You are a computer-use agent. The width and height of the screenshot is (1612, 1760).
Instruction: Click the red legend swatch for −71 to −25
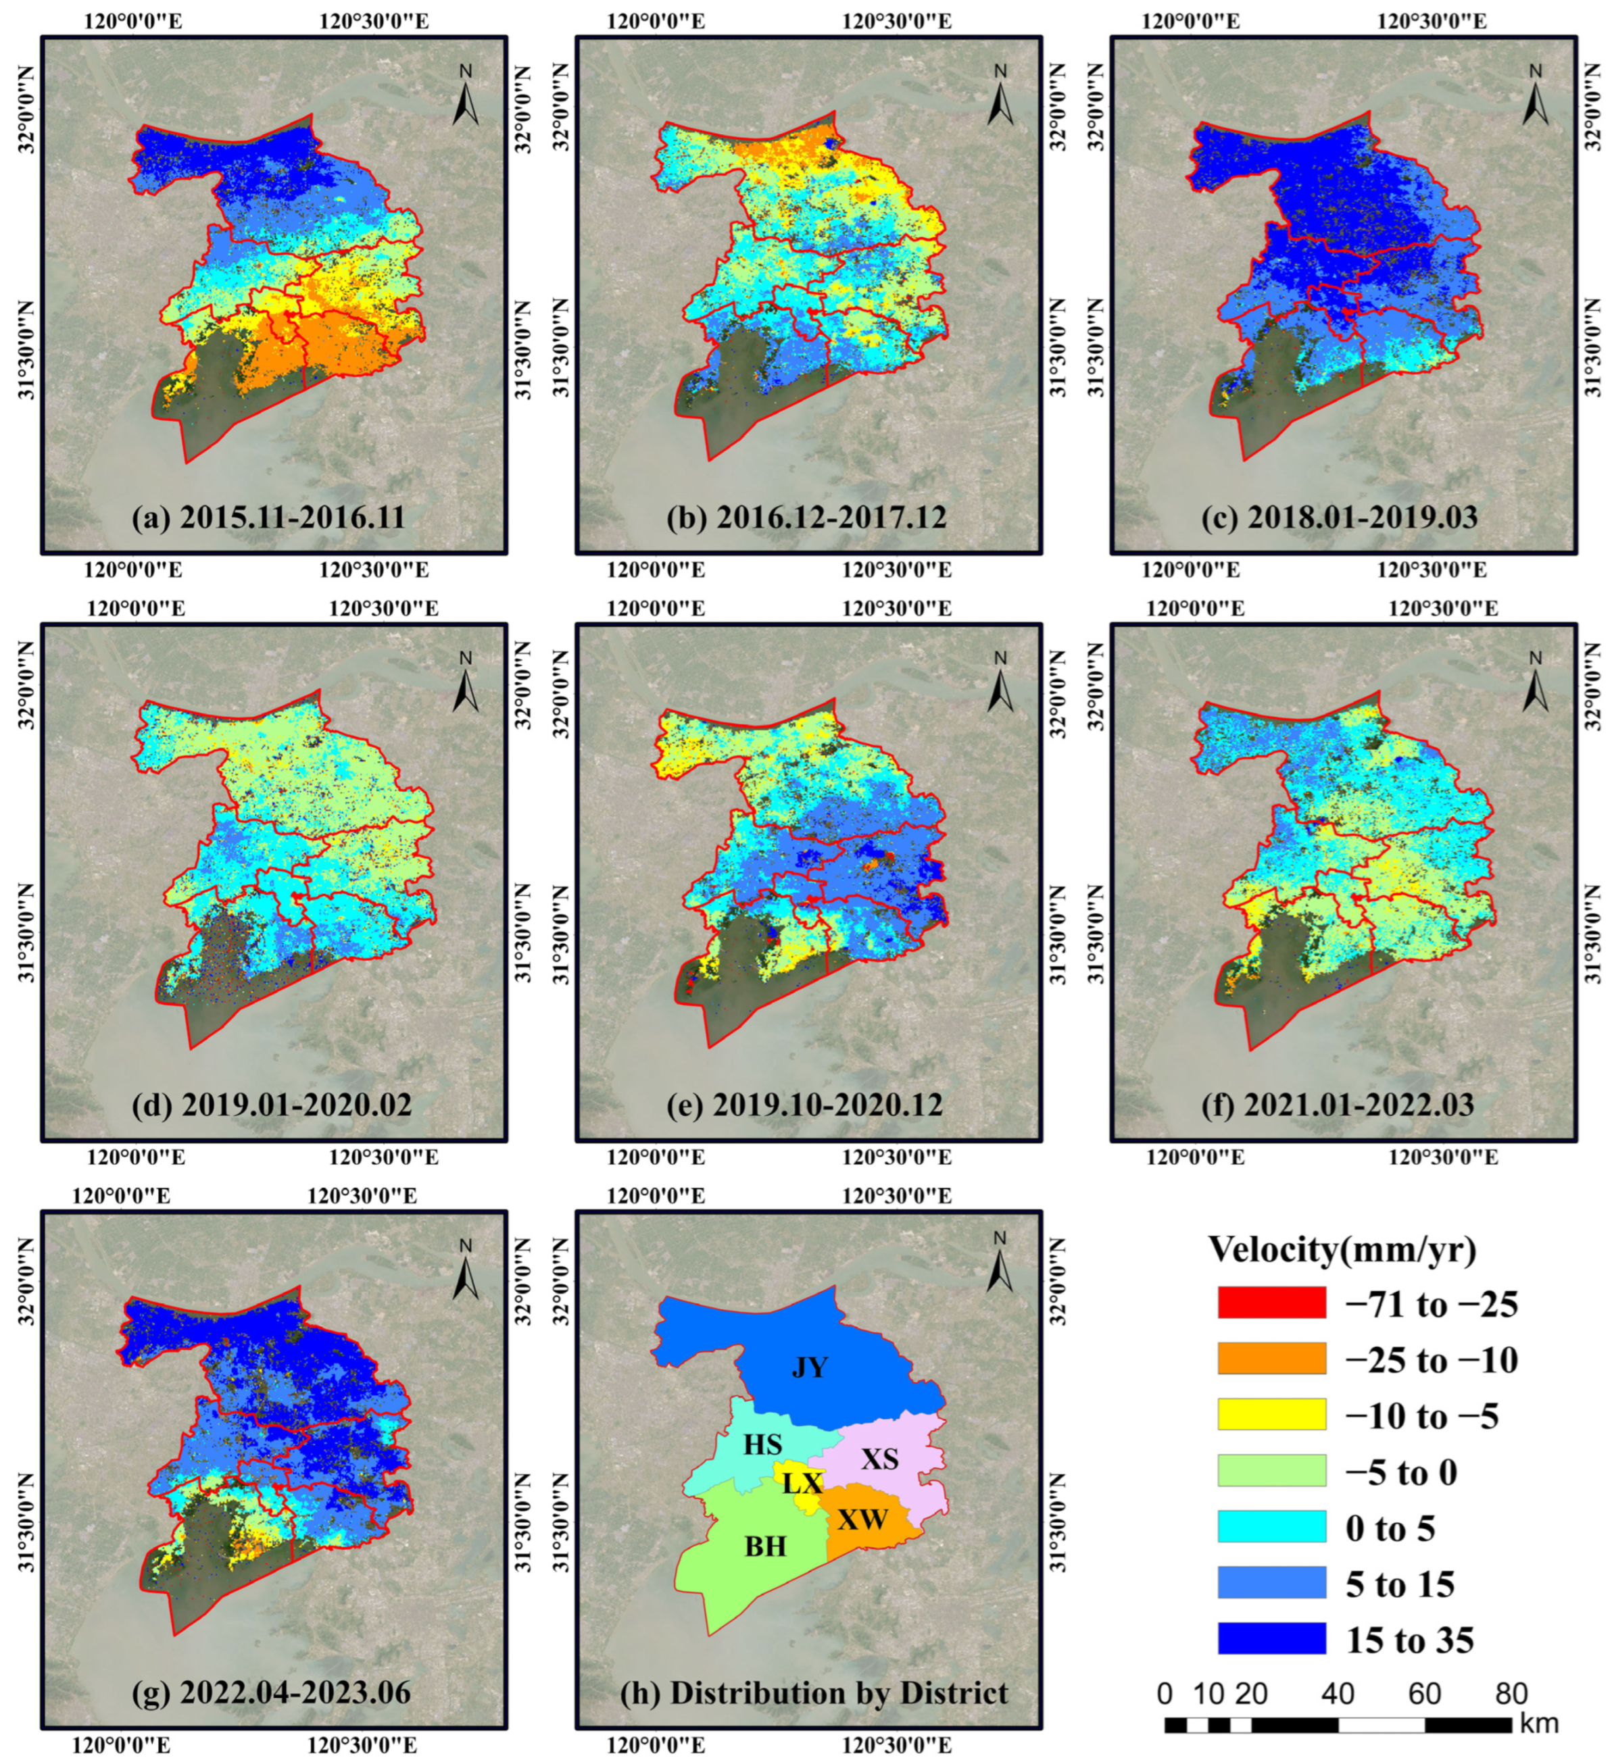point(1271,1303)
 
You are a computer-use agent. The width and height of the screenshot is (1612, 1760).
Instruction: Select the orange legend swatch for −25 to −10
point(1271,1359)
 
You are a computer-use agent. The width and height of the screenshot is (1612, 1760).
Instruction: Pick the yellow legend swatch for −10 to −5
point(1271,1414)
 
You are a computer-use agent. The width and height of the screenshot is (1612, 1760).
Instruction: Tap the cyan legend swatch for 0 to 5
point(1271,1527)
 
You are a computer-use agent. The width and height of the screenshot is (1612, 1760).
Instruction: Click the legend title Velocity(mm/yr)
point(1342,1249)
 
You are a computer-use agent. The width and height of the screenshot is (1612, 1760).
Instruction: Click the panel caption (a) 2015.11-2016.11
point(269,518)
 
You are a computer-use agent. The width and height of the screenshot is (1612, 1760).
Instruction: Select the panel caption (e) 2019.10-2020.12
point(804,1105)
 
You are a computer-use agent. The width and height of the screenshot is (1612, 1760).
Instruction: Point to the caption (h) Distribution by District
point(814,1692)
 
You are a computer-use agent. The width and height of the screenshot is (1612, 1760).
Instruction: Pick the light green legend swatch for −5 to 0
point(1271,1471)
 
